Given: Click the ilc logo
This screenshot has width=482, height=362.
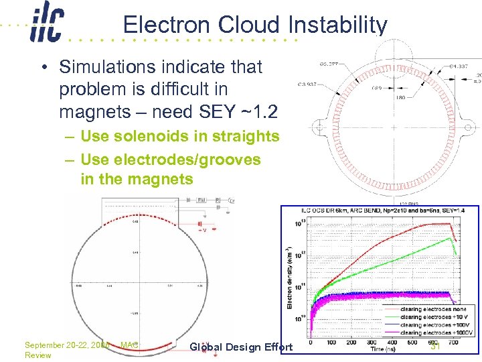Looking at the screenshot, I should pos(46,25).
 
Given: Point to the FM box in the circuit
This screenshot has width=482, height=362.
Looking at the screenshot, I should pos(202,200).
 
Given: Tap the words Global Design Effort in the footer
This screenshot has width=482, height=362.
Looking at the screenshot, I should pos(241,347).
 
